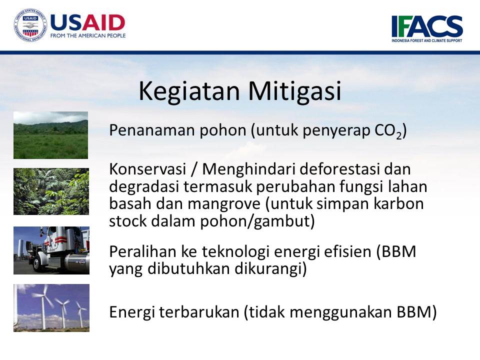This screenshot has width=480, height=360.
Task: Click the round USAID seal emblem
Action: click(x=30, y=25)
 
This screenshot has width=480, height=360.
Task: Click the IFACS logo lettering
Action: click(x=427, y=26)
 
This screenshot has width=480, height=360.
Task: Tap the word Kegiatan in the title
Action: click(x=189, y=91)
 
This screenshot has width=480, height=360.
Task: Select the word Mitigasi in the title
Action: click(x=294, y=91)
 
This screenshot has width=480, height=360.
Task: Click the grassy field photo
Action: click(x=51, y=135)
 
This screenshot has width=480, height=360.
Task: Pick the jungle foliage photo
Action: click(x=51, y=191)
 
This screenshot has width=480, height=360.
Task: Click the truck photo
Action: click(x=51, y=250)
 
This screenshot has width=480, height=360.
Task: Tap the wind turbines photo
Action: click(x=51, y=308)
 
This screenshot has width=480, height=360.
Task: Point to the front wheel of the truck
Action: click(x=40, y=263)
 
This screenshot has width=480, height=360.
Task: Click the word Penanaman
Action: click(x=152, y=130)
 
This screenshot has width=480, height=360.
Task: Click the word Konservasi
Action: click(x=147, y=169)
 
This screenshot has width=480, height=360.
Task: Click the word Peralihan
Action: click(x=142, y=251)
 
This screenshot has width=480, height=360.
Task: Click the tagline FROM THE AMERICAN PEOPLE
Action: click(x=88, y=35)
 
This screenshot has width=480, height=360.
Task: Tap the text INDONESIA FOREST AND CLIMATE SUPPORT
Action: click(x=427, y=40)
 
